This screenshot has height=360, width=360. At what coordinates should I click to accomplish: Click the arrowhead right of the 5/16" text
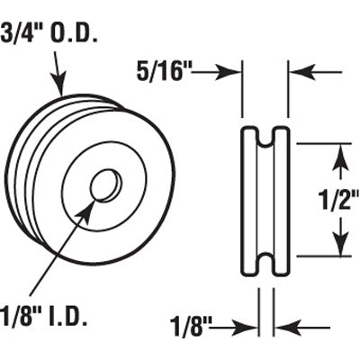click(237, 71)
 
